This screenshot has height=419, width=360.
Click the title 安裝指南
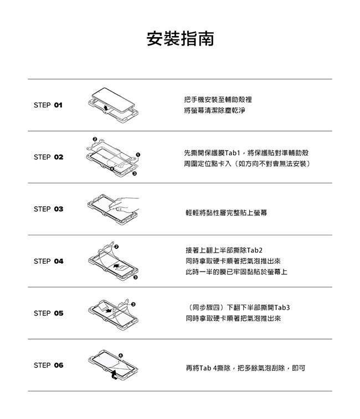(x=180, y=38)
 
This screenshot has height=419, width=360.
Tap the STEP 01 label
(x=48, y=105)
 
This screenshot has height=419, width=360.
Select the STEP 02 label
(x=49, y=157)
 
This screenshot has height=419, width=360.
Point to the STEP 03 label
(x=49, y=209)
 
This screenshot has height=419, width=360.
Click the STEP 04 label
(x=49, y=261)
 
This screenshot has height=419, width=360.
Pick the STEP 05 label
(x=49, y=313)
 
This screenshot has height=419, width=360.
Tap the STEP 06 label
(x=49, y=365)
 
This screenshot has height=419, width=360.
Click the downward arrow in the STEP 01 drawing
(x=106, y=108)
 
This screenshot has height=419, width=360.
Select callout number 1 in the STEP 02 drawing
(x=138, y=155)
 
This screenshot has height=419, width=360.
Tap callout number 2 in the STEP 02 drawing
(x=95, y=139)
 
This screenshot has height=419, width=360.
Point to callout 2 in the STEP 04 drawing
(x=116, y=247)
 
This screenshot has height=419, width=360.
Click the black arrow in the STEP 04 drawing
(x=116, y=266)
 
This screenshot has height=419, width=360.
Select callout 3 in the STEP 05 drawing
(x=133, y=304)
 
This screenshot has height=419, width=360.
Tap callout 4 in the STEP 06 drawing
(x=121, y=355)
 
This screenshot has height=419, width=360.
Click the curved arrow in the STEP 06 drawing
(x=114, y=375)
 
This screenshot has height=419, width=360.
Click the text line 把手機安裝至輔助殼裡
(x=218, y=100)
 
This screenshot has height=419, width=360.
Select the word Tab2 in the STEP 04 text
(x=255, y=251)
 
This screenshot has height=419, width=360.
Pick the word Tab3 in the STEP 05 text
(x=282, y=308)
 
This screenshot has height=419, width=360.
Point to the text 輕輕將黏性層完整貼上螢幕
(x=227, y=213)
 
